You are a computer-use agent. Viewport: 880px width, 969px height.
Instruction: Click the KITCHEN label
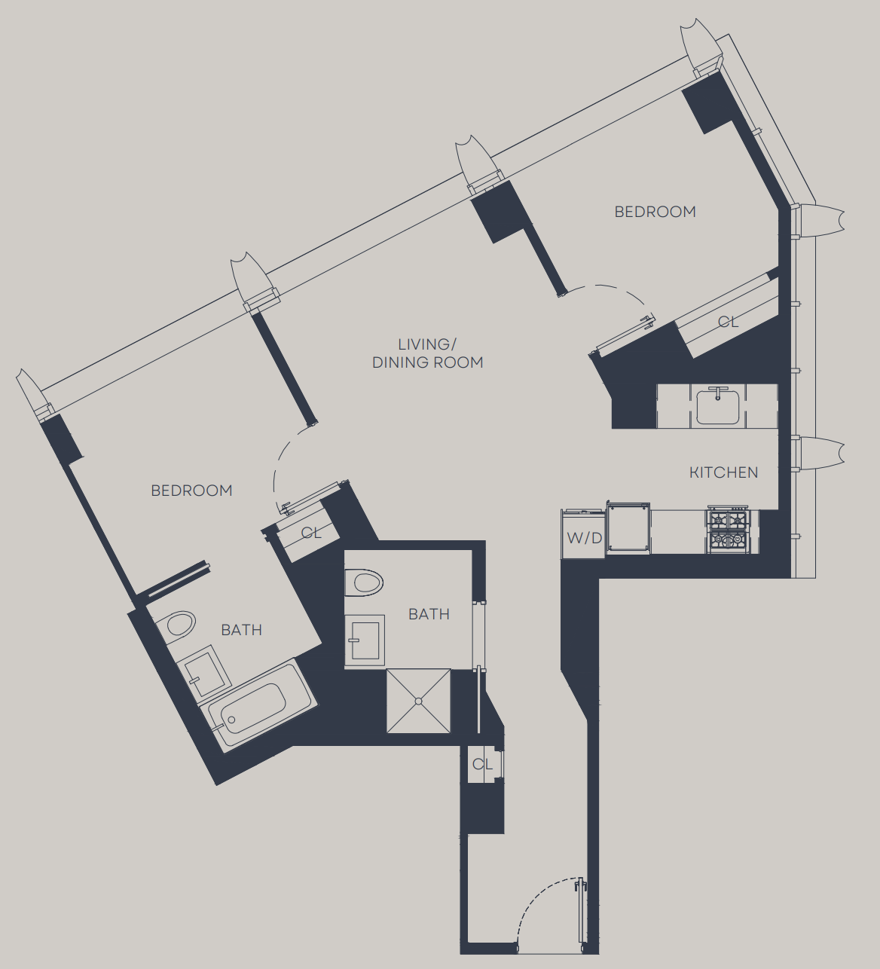[x=723, y=472]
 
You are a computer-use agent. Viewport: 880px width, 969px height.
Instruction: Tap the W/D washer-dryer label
[x=585, y=538]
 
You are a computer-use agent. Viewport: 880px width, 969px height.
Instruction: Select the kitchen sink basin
[x=718, y=407]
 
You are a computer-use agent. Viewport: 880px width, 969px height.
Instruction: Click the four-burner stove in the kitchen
[x=729, y=530]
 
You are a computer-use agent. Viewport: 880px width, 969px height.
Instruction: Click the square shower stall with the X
[x=419, y=701]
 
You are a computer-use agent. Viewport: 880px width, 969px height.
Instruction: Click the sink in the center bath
[x=365, y=640]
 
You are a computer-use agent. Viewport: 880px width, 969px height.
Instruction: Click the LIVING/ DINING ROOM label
[x=427, y=353]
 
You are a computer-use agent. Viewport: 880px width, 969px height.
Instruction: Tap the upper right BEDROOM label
[x=655, y=212]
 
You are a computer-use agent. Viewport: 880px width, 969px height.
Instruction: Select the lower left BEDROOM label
[x=191, y=491]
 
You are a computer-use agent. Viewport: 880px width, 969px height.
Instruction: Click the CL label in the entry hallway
[x=482, y=764]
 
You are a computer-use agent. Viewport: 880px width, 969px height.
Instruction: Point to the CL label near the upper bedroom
[x=728, y=322]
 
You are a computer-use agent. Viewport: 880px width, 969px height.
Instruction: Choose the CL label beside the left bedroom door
[x=311, y=533]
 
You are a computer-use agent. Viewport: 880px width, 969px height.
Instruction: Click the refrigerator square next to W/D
[x=628, y=528]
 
